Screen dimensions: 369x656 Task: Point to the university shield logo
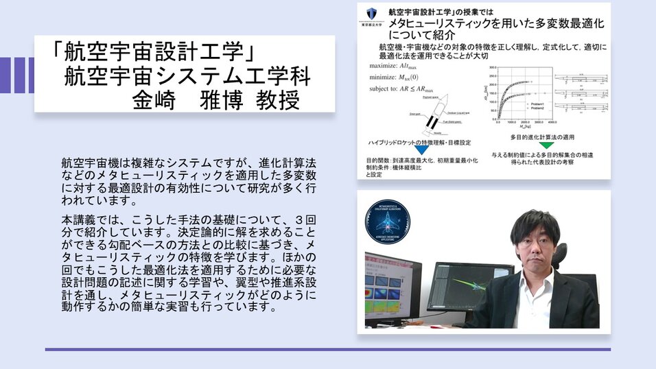(x=371, y=14)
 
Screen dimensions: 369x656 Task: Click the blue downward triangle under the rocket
(x=411, y=147)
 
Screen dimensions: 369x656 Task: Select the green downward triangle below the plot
(x=546, y=146)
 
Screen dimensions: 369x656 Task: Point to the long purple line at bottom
(x=327, y=349)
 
